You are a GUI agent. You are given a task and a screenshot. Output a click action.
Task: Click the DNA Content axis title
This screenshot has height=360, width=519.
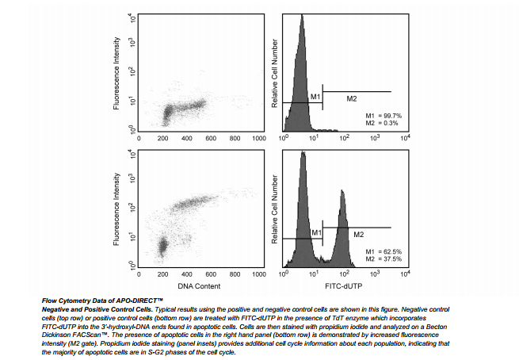pos(199,285)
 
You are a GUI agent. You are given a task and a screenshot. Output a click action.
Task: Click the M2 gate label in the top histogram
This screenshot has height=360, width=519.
pos(353,98)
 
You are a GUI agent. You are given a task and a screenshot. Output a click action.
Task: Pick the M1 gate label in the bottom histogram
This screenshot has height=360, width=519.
pos(315,232)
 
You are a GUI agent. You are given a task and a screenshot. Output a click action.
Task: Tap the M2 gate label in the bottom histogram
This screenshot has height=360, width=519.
pos(358,235)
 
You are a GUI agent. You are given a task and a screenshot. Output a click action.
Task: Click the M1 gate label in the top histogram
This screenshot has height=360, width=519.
pos(315,97)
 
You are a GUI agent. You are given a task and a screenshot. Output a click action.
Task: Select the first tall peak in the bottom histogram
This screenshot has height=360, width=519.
pos(302,154)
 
